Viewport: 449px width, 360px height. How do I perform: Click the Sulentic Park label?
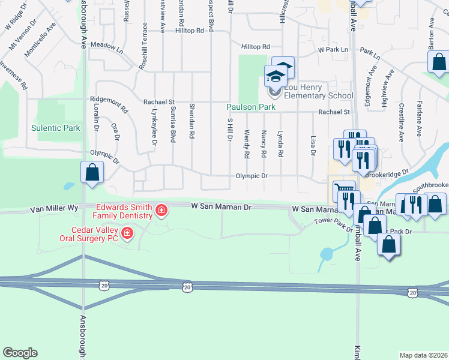(55, 128)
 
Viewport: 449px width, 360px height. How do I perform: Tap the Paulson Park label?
(250, 107)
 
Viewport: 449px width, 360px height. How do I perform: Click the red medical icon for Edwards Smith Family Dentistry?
(161, 210)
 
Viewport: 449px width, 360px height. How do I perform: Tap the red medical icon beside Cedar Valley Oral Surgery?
(127, 233)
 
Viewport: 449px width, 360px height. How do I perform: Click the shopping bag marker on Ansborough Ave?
(92, 173)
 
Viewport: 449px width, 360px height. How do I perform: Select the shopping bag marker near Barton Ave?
(439, 61)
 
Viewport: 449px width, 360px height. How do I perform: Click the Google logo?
(20, 353)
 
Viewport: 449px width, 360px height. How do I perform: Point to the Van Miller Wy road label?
(55, 208)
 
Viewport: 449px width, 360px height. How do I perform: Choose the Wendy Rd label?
(247, 144)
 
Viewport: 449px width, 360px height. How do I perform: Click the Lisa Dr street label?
(313, 145)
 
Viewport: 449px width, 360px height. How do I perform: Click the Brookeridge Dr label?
(387, 173)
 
